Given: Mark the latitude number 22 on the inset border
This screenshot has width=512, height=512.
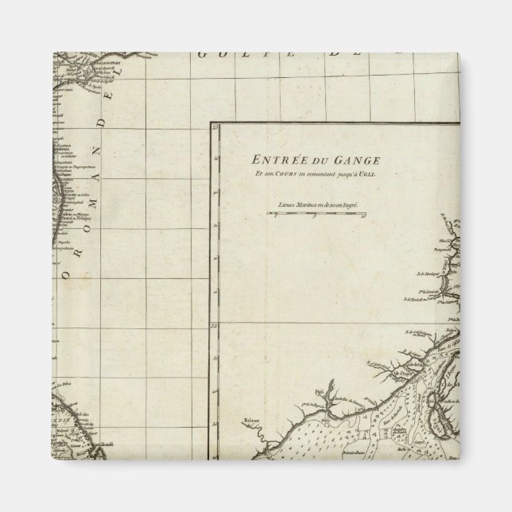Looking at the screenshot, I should [x=214, y=325].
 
